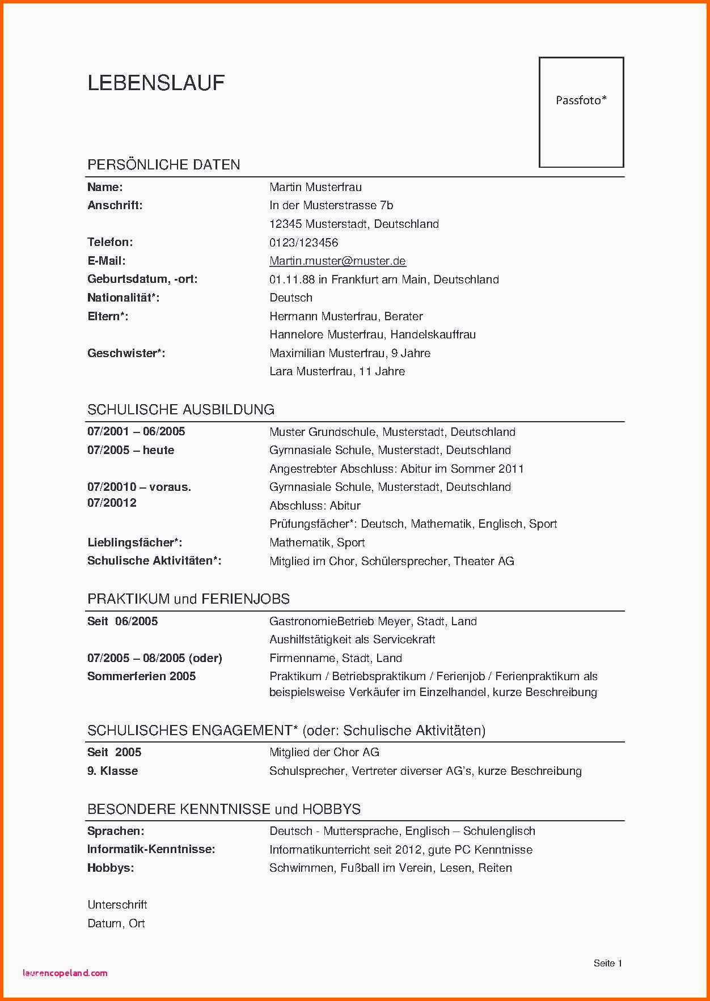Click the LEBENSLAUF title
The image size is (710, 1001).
coord(156,83)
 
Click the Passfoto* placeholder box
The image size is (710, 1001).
coord(581,112)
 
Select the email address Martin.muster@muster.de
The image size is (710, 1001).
coord(337,261)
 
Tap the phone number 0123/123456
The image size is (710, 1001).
coord(303,243)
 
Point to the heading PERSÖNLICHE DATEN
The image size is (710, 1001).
coord(163,165)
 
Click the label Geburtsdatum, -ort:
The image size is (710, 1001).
coord(142,279)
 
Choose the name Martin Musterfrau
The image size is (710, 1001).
coord(315,187)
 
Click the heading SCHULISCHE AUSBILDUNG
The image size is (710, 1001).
coord(180,410)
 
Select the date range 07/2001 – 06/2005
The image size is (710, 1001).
coord(136,431)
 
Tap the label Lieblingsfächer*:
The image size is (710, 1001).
coord(134,542)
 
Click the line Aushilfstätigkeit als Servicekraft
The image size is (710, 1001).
coord(352,639)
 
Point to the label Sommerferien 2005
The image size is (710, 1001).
coord(141,676)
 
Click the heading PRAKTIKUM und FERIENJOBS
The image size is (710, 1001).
coord(188,599)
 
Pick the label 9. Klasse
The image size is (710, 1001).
coord(112,771)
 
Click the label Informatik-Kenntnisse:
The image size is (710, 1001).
coord(151,849)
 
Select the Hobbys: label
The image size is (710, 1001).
coord(111,868)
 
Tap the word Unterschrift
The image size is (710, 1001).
coord(117,905)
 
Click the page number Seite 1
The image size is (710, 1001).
coord(608,963)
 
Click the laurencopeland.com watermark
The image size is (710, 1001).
coord(65,973)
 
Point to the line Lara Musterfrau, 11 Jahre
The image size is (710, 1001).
coord(337,372)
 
